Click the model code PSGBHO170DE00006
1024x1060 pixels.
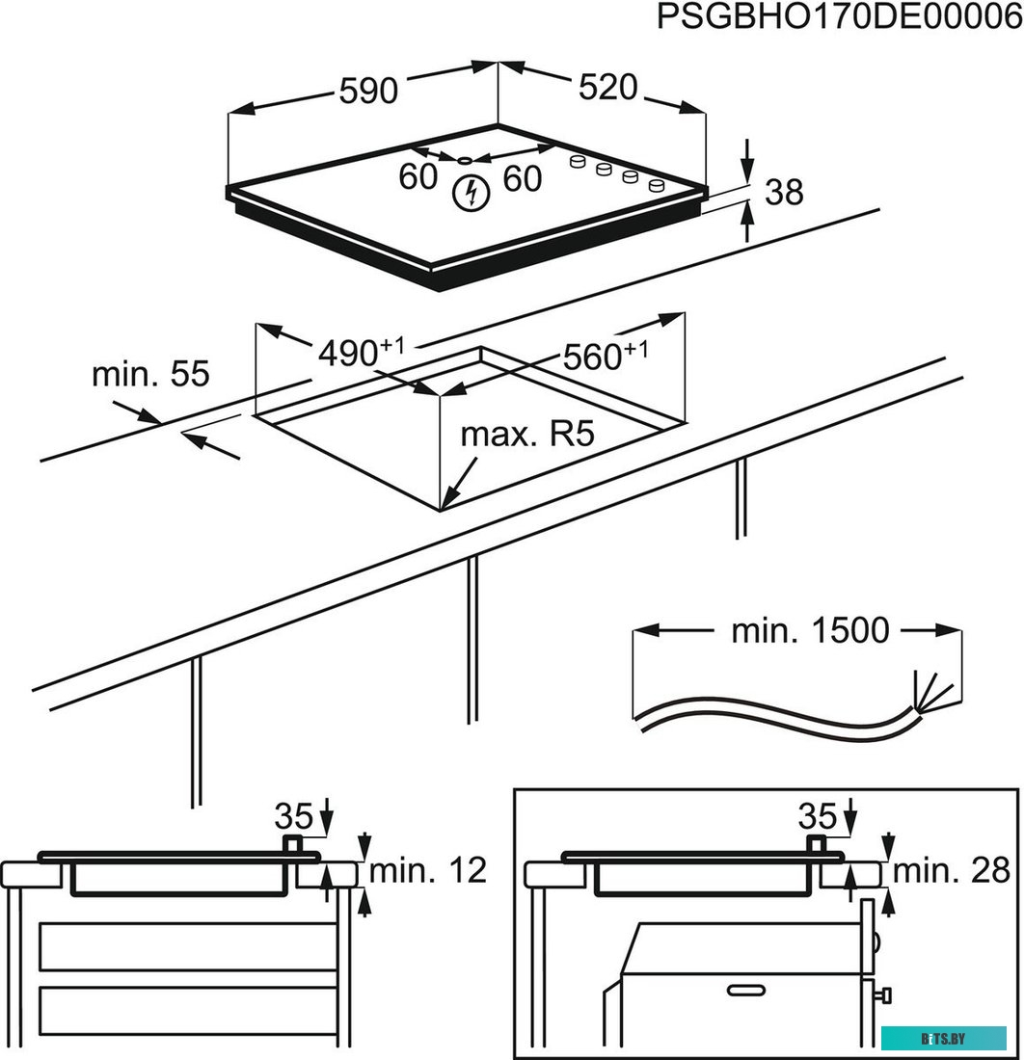pyautogui.click(x=839, y=18)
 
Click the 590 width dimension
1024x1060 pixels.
pyautogui.click(x=367, y=91)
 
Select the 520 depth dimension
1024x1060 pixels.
pyautogui.click(x=608, y=88)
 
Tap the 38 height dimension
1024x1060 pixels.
pyautogui.click(x=783, y=193)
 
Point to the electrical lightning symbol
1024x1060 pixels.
pyautogui.click(x=470, y=194)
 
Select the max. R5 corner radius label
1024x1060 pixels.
pyautogui.click(x=525, y=435)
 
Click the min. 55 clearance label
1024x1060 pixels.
pyautogui.click(x=150, y=374)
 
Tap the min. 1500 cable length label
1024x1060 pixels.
pyautogui.click(x=809, y=631)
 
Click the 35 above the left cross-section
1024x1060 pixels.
pyautogui.click(x=294, y=816)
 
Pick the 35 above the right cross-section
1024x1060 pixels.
pyautogui.click(x=818, y=816)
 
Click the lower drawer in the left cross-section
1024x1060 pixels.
pyautogui.click(x=187, y=1006)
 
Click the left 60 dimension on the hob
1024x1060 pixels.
pyautogui.click(x=418, y=177)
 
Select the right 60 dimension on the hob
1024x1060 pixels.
pyautogui.click(x=522, y=178)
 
